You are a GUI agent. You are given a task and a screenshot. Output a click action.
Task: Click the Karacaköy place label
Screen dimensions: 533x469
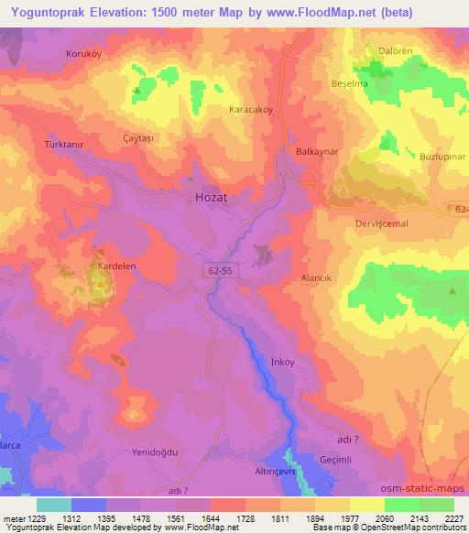250,109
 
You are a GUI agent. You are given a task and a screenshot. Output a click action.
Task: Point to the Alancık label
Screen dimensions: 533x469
315,277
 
